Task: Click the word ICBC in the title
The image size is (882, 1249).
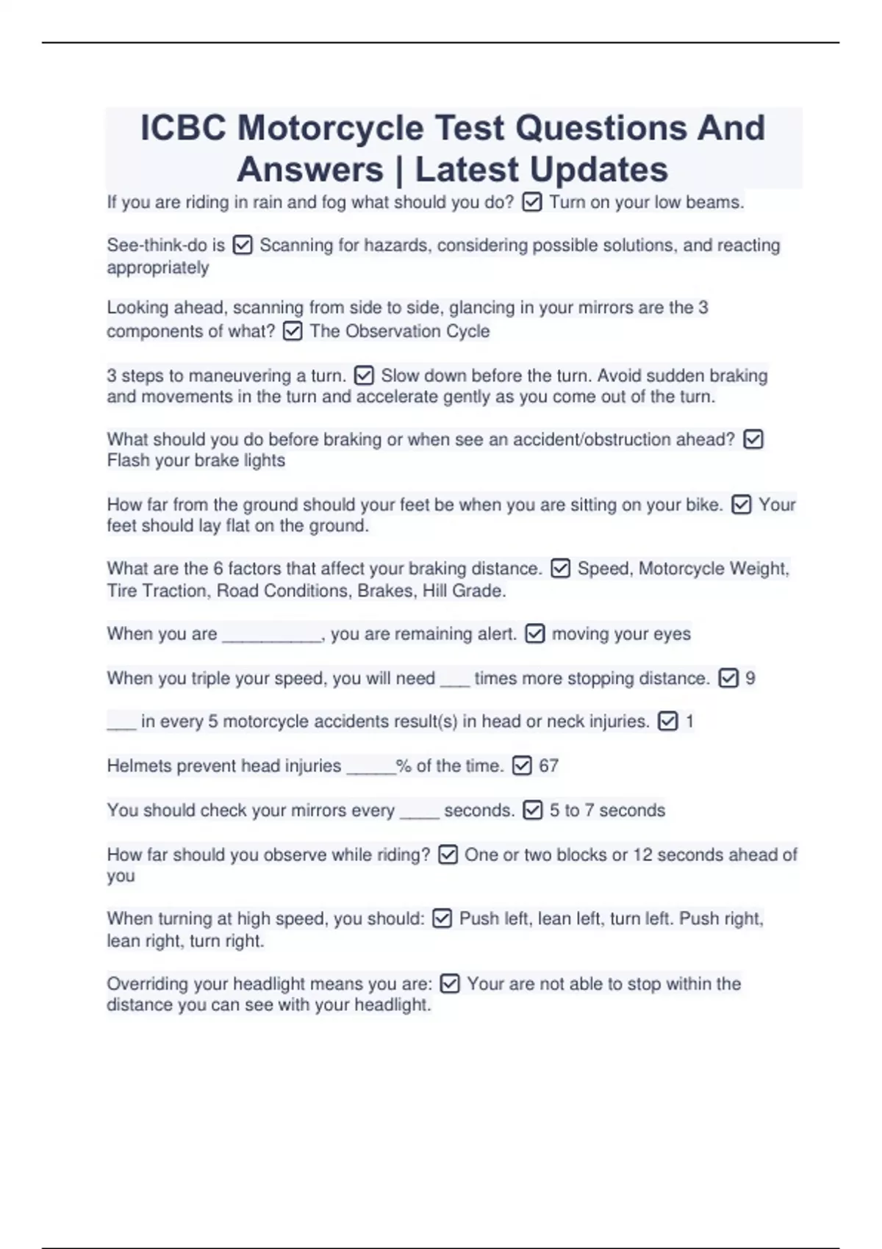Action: click(x=183, y=128)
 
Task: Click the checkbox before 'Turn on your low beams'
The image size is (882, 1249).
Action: click(x=531, y=202)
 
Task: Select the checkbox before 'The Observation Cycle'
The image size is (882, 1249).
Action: click(x=292, y=331)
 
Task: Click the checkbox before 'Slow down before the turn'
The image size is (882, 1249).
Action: click(x=364, y=376)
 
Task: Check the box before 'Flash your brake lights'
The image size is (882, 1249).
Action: click(x=753, y=439)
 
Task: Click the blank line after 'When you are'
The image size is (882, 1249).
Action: click(x=272, y=635)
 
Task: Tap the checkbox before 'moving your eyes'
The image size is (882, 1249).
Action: click(x=535, y=634)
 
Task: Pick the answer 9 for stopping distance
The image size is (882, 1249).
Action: click(x=750, y=678)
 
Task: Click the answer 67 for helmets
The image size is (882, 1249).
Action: click(x=548, y=766)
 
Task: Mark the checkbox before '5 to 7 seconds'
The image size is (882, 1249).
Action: click(x=532, y=810)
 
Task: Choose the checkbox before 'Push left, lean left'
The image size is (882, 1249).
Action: click(x=442, y=918)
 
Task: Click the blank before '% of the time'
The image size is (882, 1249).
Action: click(x=371, y=767)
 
